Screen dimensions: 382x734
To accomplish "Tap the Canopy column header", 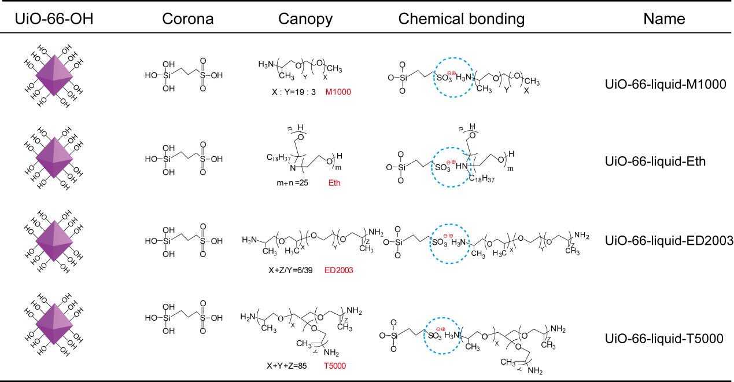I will click(x=305, y=19).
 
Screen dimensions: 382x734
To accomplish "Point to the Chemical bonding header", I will click(x=461, y=19).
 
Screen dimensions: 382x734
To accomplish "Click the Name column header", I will click(x=664, y=19).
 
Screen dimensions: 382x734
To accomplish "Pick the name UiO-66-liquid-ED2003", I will click(x=667, y=240).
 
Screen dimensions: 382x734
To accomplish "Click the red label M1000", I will click(x=338, y=92).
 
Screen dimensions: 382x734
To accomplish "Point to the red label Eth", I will click(x=334, y=183).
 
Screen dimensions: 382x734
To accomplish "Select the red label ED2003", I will click(x=339, y=270).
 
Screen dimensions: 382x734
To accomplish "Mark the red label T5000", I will click(x=336, y=365).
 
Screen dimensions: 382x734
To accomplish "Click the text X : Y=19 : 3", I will click(x=287, y=92).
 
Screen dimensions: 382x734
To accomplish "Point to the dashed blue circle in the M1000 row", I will click(x=458, y=76).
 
